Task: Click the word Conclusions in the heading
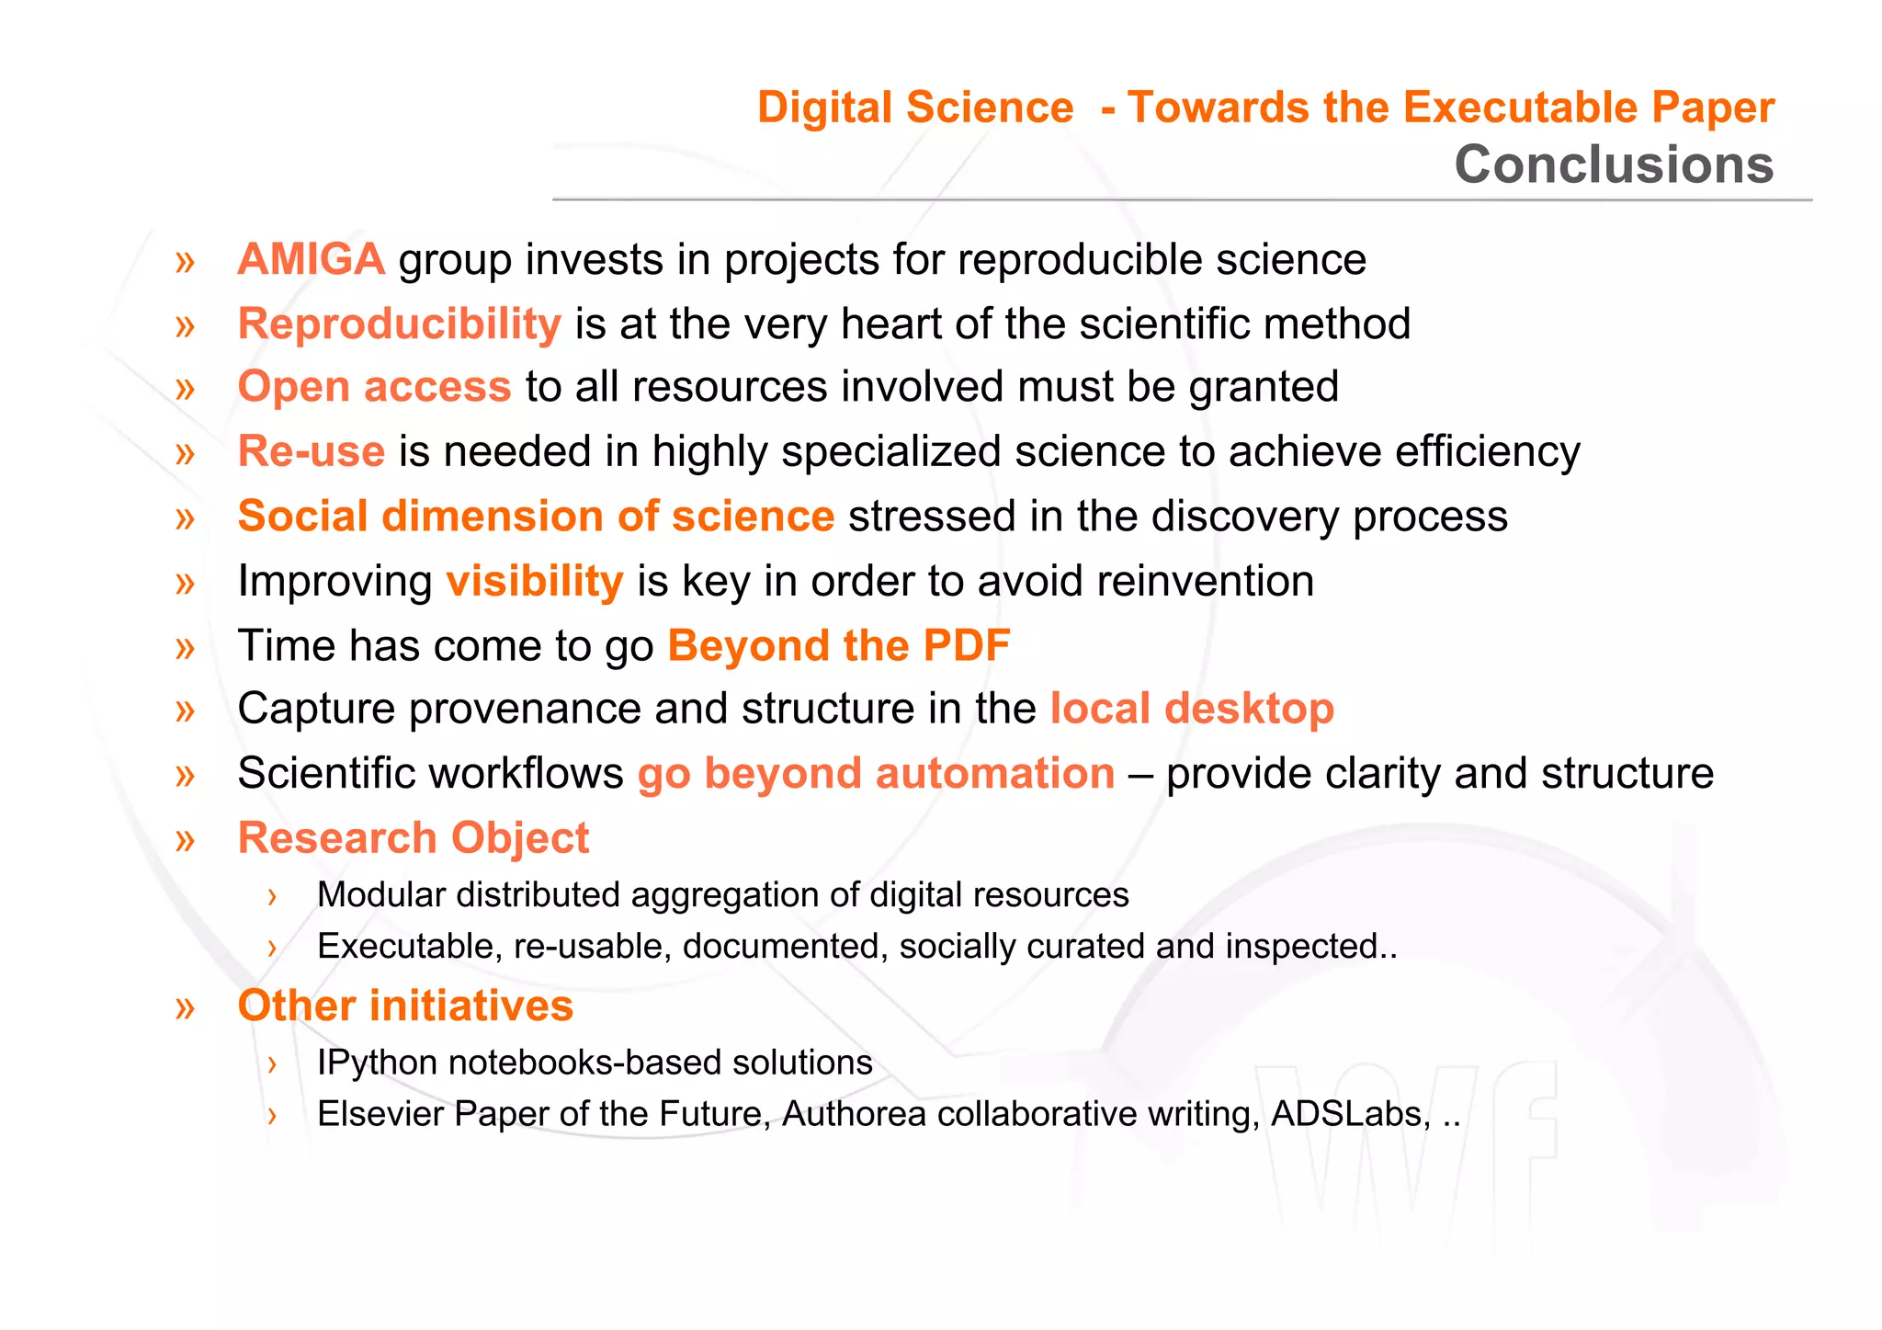1613,165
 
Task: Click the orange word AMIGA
311,259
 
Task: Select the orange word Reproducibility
399,324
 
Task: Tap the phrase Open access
374,387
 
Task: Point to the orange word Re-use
311,451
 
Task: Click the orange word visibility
534,582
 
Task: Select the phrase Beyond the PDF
838,645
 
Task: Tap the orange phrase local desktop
1192,709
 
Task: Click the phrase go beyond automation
876,773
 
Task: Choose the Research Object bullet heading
413,838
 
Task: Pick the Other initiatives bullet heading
405,1006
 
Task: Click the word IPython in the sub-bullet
377,1063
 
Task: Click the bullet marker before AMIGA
185,262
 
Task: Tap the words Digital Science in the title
915,108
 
